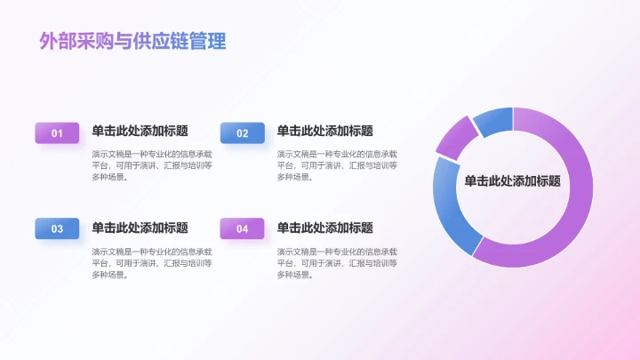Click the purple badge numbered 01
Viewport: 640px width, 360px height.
click(x=57, y=133)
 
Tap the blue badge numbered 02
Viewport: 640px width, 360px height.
click(x=243, y=133)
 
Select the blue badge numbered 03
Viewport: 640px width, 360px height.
click(x=57, y=228)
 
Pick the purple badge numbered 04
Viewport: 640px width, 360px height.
click(x=243, y=228)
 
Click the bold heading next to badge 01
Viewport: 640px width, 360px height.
click(x=140, y=131)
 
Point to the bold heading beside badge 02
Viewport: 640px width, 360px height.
click(x=325, y=131)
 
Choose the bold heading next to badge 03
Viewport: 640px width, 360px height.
click(x=140, y=228)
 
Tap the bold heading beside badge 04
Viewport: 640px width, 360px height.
click(x=325, y=228)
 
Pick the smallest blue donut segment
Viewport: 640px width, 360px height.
click(x=494, y=120)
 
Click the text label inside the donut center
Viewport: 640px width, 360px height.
click(x=512, y=180)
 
